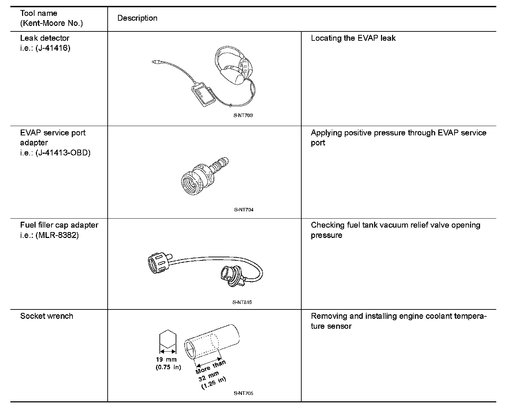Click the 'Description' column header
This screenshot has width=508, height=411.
click(x=137, y=18)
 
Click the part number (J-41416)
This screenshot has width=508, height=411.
click(x=52, y=48)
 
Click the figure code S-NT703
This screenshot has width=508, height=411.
click(x=243, y=115)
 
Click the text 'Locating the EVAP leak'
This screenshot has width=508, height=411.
click(x=353, y=38)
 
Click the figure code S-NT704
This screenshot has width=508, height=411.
click(x=243, y=210)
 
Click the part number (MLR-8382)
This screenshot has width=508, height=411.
click(x=57, y=235)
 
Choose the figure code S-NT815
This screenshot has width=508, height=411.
click(x=243, y=302)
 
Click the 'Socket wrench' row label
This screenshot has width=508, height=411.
click(x=47, y=316)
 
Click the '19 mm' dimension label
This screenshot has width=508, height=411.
click(x=166, y=360)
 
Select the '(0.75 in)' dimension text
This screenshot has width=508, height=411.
click(x=168, y=367)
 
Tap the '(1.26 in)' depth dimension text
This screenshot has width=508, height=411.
click(x=214, y=383)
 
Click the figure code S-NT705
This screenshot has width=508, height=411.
click(x=243, y=393)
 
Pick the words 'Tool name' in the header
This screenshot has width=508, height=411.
click(x=39, y=13)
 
